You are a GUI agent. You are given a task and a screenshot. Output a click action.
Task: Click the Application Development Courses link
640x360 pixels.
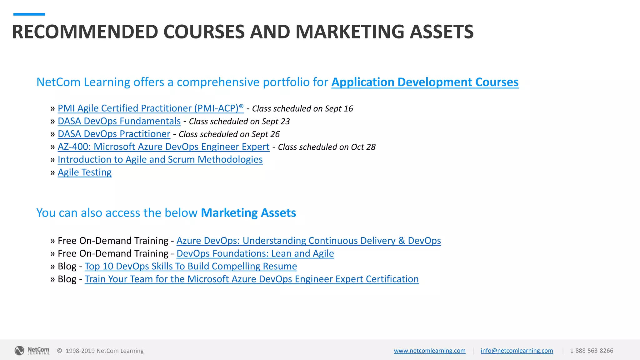[x=425, y=82]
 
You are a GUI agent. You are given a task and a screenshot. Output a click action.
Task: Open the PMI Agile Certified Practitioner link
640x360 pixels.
[x=150, y=108]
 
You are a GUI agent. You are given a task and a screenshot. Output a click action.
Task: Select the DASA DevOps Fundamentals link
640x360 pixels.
[x=119, y=121]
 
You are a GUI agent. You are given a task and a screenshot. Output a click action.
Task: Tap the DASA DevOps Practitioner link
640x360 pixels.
[x=114, y=134]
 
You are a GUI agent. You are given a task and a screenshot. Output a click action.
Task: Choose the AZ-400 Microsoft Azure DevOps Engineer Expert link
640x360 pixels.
[x=163, y=147]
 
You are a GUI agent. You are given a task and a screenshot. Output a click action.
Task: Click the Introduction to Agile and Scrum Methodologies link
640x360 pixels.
[x=160, y=159]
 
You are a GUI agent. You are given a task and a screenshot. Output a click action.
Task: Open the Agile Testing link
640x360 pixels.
[x=84, y=172]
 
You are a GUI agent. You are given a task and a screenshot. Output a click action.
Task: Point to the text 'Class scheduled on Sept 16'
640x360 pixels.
[x=302, y=109]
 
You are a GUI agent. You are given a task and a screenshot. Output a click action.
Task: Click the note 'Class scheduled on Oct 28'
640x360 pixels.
[x=327, y=147]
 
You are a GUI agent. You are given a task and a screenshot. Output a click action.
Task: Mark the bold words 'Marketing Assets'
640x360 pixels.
[x=248, y=213]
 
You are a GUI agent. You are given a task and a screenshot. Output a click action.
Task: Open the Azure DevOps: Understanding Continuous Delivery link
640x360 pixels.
[x=308, y=241]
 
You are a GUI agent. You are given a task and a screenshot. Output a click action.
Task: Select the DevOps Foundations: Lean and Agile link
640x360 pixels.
[x=255, y=253]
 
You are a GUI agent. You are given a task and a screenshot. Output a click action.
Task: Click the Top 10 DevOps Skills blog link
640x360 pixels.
[x=191, y=266]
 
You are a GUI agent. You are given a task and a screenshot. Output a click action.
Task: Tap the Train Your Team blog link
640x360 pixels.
[x=252, y=279]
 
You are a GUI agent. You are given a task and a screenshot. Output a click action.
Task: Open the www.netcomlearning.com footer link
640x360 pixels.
[x=429, y=351]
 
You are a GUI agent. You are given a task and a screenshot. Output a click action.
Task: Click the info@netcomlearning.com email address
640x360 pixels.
[x=517, y=351]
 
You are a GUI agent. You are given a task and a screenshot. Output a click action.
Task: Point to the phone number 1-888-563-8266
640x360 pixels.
[x=591, y=351]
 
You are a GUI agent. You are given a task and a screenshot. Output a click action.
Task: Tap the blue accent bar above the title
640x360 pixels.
[x=29, y=14]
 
